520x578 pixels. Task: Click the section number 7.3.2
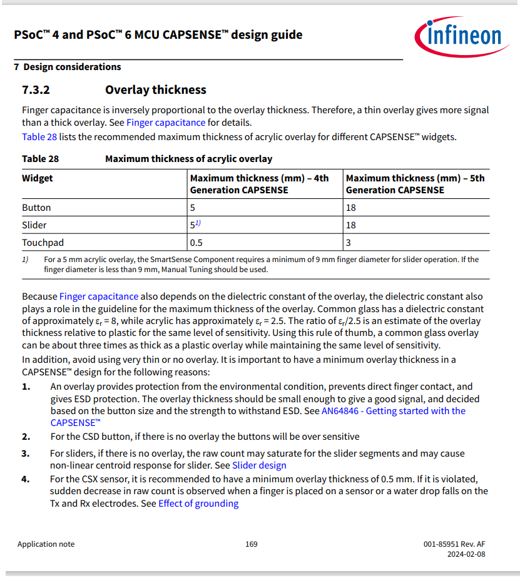coord(36,90)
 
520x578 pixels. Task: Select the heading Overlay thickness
coord(155,90)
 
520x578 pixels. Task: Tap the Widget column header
coord(38,178)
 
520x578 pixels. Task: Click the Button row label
coord(36,208)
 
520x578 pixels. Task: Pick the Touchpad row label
coord(43,242)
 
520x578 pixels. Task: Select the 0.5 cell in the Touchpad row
coord(196,242)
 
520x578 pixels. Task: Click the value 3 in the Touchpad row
coord(349,242)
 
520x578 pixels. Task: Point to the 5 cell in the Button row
coord(193,208)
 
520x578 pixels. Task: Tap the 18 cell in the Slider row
coord(350,225)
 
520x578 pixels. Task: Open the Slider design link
coord(259,465)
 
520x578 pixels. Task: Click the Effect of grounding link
coord(198,504)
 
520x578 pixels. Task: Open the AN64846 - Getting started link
coord(393,411)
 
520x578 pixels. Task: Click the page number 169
coord(251,544)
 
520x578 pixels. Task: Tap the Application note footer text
coord(46,544)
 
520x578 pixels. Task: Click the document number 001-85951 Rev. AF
coord(454,544)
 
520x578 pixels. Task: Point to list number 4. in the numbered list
coord(26,479)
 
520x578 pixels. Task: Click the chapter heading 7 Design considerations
coord(68,67)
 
